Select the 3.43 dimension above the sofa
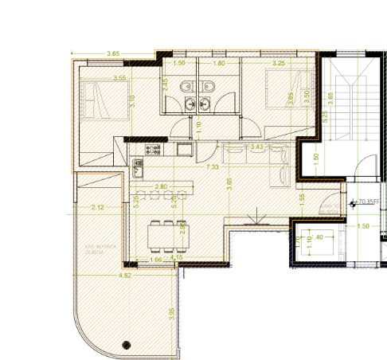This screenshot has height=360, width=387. click(256, 147)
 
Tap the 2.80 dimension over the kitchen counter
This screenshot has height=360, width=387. click(161, 186)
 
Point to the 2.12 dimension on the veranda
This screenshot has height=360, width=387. click(98, 208)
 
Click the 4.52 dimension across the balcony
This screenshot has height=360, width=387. click(124, 276)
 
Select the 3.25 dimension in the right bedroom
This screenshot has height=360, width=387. click(279, 63)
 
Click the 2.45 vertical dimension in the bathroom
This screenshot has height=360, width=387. click(165, 84)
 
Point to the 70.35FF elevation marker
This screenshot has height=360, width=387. click(369, 203)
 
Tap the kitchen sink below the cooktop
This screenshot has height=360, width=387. click(139, 166)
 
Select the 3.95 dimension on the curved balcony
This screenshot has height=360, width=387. click(172, 314)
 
